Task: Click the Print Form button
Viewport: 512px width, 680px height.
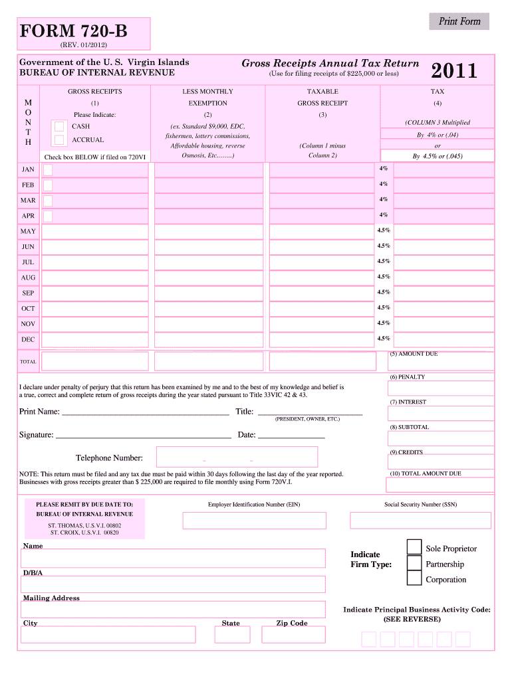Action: tap(459, 22)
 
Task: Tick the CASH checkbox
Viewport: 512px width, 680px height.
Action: tap(60, 126)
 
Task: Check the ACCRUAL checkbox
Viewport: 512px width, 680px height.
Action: tap(60, 140)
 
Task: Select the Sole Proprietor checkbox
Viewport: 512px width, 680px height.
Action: tap(414, 547)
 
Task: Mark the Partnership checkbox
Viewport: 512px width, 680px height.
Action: tap(414, 563)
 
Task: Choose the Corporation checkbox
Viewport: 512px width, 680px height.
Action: tap(414, 578)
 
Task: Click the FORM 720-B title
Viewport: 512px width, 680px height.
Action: tap(74, 31)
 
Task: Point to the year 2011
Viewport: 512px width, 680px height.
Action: tap(454, 70)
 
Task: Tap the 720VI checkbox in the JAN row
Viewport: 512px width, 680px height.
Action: tap(48, 169)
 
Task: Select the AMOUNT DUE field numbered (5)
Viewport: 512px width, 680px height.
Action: tap(442, 362)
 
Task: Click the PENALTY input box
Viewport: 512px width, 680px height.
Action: tap(442, 388)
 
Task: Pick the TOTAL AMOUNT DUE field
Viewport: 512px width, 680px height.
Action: tap(442, 484)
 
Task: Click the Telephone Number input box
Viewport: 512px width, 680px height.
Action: tap(237, 457)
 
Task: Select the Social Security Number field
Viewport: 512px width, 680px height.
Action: tap(420, 520)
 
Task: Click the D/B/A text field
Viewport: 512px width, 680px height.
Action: tap(174, 584)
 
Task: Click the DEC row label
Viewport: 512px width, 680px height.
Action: tap(28, 339)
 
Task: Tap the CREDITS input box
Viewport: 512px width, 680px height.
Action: tap(442, 462)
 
